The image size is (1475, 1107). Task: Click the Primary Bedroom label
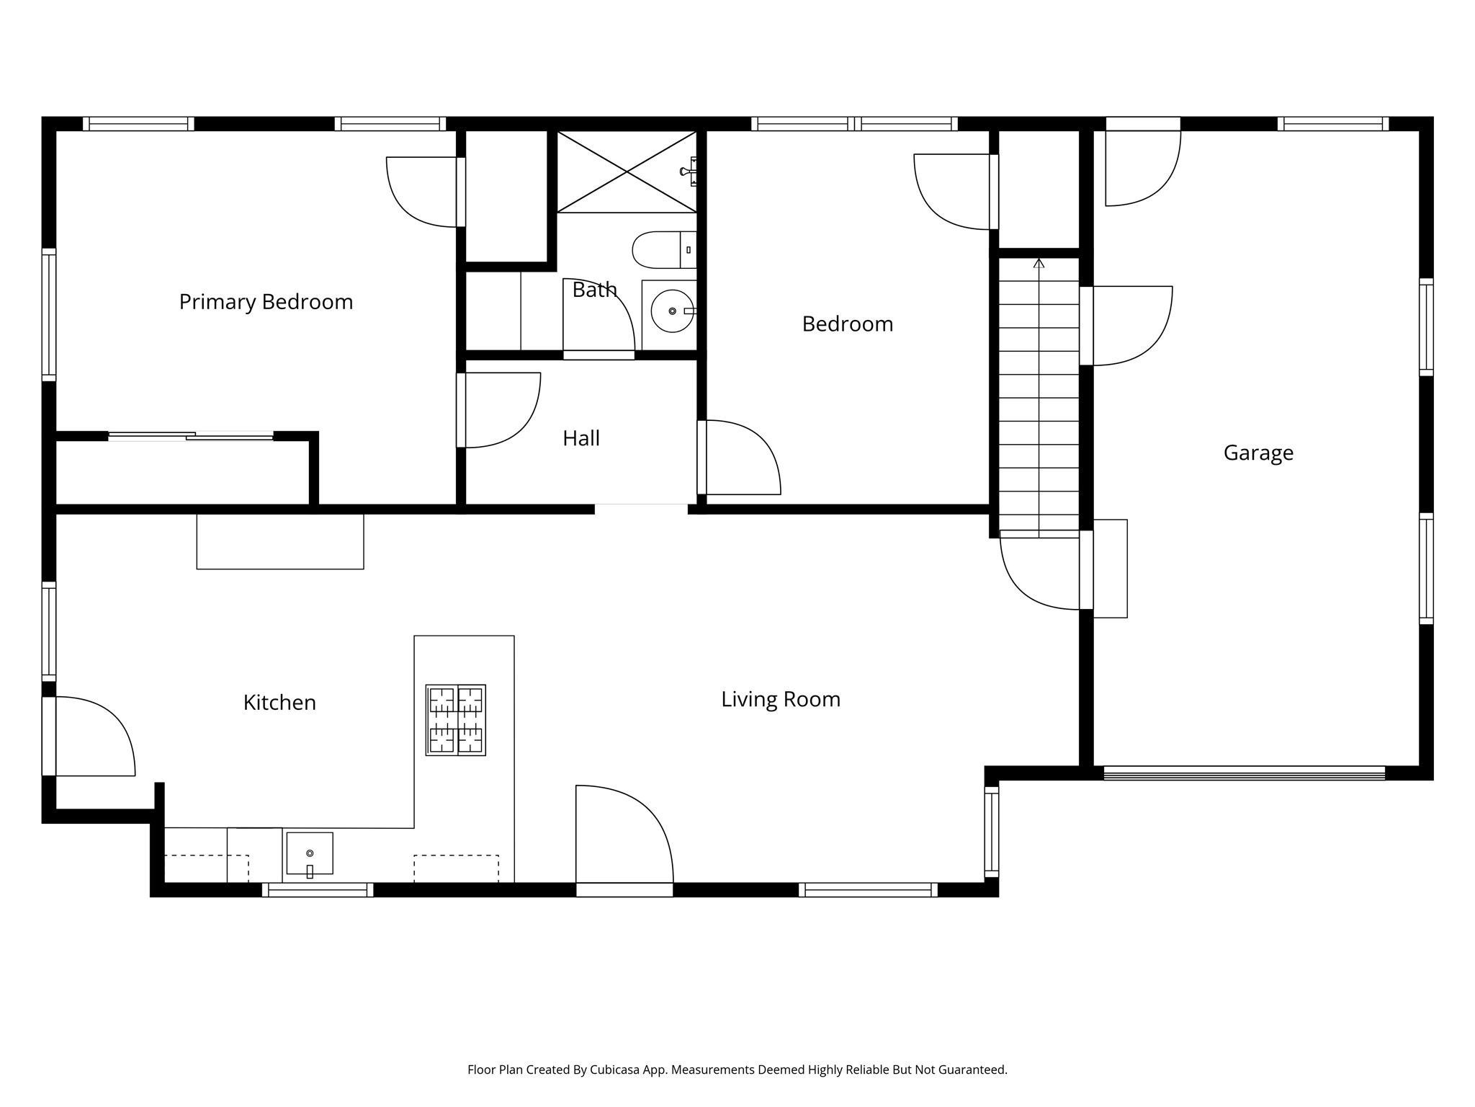pyautogui.click(x=266, y=301)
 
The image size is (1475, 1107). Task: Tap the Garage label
pyautogui.click(x=1257, y=453)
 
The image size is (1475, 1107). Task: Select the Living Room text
pyautogui.click(x=781, y=699)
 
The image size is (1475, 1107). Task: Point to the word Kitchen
pyautogui.click(x=279, y=703)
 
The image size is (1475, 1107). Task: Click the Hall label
pyautogui.click(x=580, y=438)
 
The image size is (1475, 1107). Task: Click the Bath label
pyautogui.click(x=594, y=290)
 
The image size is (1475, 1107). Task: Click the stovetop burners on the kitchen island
pyautogui.click(x=456, y=720)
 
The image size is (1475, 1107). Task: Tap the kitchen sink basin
pyautogui.click(x=310, y=853)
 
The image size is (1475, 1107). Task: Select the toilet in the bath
pyautogui.click(x=663, y=249)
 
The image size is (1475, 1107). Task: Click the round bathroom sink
pyautogui.click(x=672, y=311)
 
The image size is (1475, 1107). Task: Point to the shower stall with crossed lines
pyautogui.click(x=627, y=172)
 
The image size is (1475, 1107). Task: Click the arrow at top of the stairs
pyautogui.click(x=1039, y=264)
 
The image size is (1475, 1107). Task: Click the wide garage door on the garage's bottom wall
pyautogui.click(x=1244, y=773)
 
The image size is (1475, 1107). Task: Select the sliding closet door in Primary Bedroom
pyautogui.click(x=191, y=436)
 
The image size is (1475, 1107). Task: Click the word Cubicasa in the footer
pyautogui.click(x=617, y=1070)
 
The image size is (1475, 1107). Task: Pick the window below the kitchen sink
pyautogui.click(x=318, y=890)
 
